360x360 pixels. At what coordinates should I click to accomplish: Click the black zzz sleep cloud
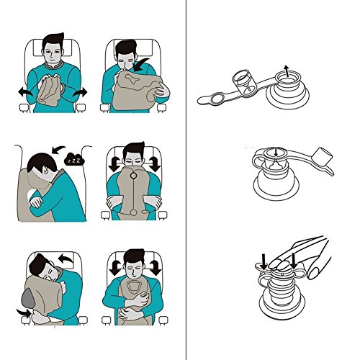[74, 159]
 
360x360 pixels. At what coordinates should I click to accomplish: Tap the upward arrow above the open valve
[286, 71]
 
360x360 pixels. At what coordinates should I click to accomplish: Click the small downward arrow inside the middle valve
[276, 151]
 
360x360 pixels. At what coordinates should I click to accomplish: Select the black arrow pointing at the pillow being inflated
[141, 65]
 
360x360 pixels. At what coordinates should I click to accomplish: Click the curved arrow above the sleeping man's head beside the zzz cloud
[58, 150]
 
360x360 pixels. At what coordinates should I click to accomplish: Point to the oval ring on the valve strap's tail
[218, 99]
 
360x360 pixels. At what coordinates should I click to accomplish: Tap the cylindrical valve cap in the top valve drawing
[243, 81]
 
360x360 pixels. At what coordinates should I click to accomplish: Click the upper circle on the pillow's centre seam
[133, 176]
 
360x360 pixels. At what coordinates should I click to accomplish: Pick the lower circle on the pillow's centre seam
[134, 212]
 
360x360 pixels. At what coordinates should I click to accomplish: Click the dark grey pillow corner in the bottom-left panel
[28, 298]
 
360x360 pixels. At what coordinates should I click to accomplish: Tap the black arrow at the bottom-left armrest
[24, 312]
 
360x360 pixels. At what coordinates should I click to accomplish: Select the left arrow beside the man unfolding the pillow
[25, 92]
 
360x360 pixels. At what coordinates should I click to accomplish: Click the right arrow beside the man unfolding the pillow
[80, 92]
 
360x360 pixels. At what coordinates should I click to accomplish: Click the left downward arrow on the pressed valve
[264, 262]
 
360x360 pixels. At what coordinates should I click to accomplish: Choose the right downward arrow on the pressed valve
[294, 261]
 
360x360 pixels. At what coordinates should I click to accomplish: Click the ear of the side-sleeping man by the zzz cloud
[45, 170]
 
